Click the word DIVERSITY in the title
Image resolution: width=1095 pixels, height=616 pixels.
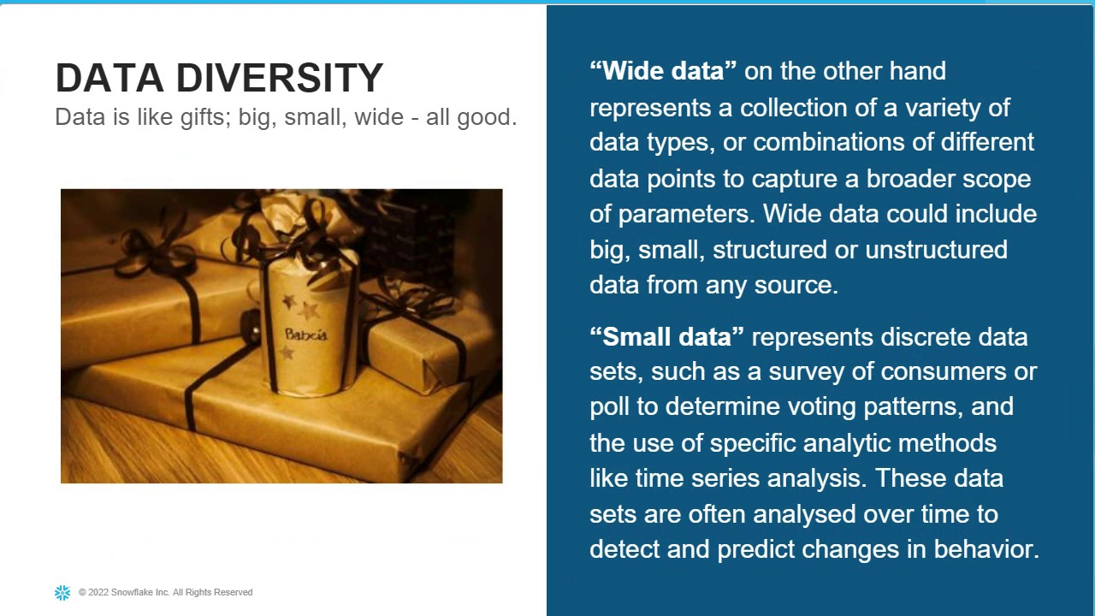click(x=279, y=78)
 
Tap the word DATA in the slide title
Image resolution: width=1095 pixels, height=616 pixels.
click(x=109, y=78)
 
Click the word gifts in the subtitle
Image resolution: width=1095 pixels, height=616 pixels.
click(x=203, y=117)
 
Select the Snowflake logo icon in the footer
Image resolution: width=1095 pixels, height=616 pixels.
click(x=62, y=592)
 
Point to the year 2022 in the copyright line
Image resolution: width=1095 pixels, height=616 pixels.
click(x=98, y=592)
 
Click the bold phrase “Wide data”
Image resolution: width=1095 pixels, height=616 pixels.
click(x=663, y=71)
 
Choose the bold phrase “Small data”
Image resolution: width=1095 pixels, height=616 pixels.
click(x=666, y=337)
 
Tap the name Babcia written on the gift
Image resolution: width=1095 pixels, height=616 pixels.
click(x=305, y=335)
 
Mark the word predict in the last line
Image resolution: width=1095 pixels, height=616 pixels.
click(x=755, y=549)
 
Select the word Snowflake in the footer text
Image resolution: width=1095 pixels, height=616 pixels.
click(x=133, y=592)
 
